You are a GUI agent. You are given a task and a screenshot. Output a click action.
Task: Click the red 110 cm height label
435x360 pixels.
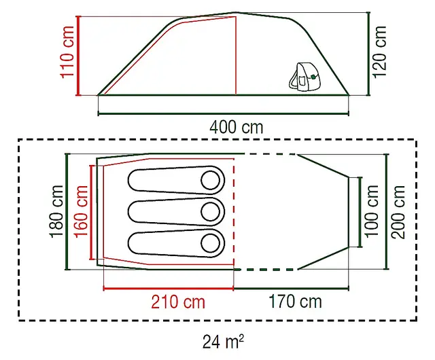(67, 52)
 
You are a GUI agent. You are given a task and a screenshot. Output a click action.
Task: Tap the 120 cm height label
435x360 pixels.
(379, 52)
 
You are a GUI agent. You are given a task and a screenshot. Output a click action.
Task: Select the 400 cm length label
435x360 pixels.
(236, 127)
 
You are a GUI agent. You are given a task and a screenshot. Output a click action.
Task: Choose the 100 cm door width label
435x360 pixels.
(372, 211)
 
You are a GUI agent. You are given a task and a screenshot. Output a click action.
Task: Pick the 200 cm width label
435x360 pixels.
(398, 212)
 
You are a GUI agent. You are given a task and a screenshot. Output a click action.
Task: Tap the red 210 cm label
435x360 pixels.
(178, 302)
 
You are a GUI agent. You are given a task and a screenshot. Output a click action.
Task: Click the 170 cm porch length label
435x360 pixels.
(295, 302)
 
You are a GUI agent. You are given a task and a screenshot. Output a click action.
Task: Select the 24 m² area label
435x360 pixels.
(224, 342)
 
